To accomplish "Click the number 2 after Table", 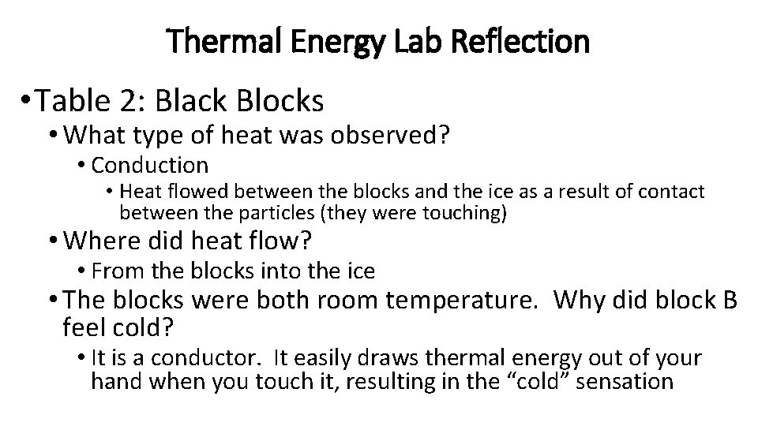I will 144,100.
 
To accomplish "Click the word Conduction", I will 150,165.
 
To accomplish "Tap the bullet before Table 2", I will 28,100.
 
